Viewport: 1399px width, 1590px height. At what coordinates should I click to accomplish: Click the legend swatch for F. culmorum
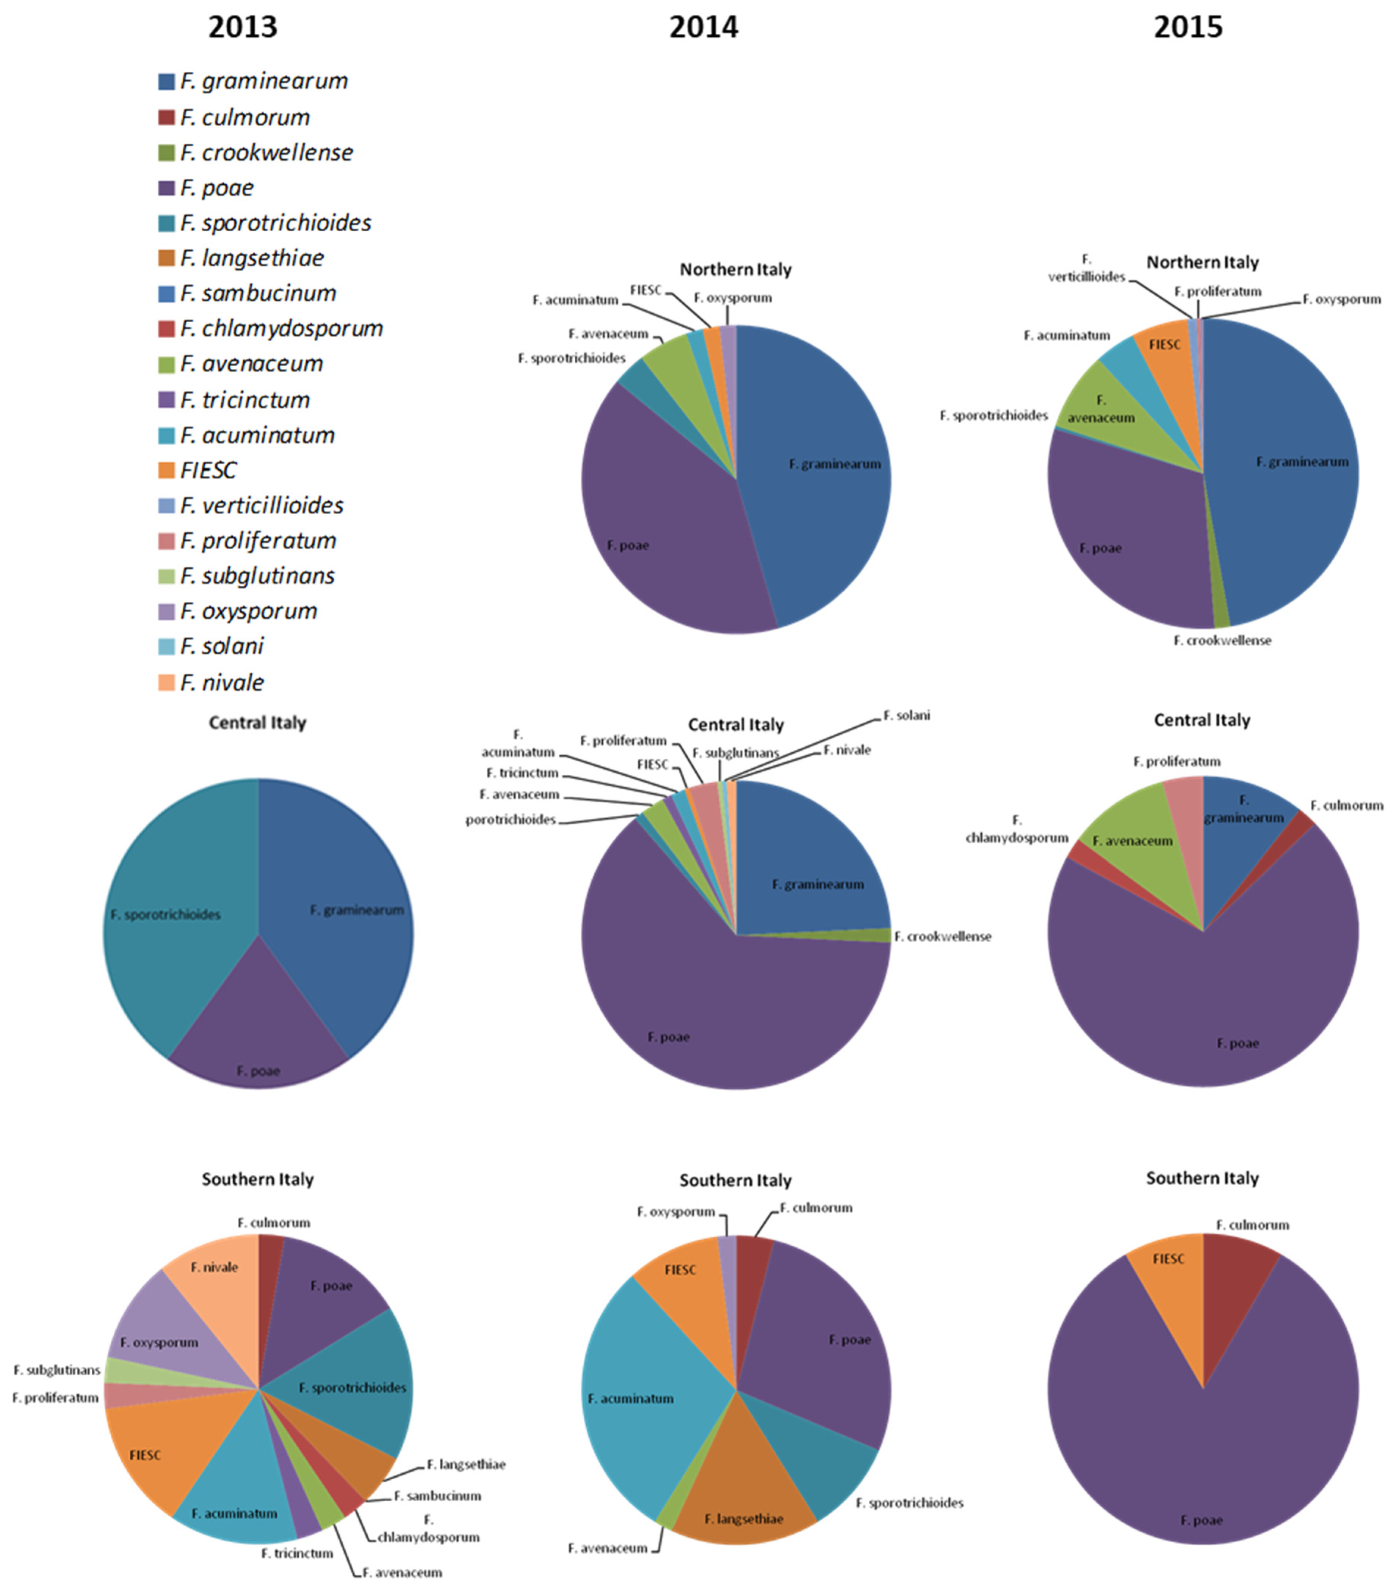[166, 118]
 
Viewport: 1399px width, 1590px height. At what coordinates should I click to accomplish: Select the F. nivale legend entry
[222, 682]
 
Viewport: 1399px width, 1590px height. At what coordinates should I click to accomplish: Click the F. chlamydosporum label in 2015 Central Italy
[1017, 829]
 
